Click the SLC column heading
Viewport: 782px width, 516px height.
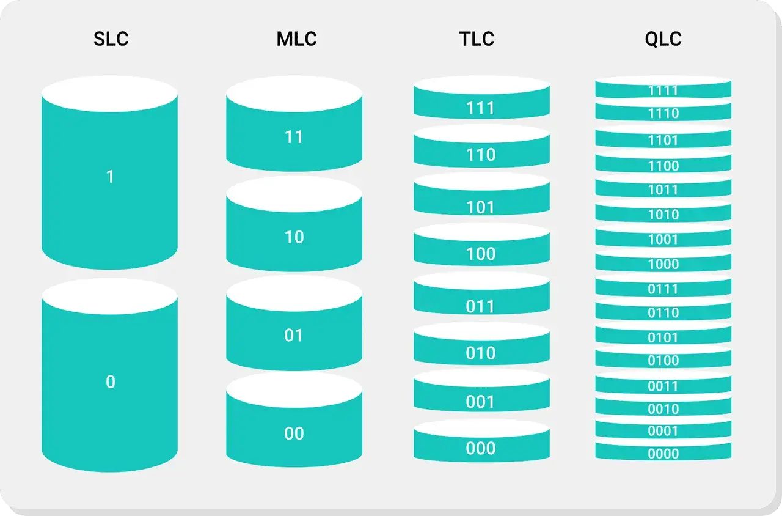pyautogui.click(x=111, y=39)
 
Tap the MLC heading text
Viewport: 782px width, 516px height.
pyautogui.click(x=297, y=39)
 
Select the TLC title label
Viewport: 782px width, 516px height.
pyautogui.click(x=477, y=39)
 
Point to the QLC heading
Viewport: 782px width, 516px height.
pyautogui.click(x=663, y=39)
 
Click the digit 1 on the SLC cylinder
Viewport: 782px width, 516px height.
pyautogui.click(x=110, y=177)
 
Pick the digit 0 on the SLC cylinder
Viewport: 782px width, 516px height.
pyautogui.click(x=111, y=382)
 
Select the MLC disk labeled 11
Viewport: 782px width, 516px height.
pyautogui.click(x=294, y=123)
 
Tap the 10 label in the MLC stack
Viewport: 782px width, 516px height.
pyautogui.click(x=294, y=237)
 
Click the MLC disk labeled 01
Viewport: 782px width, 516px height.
pyautogui.click(x=294, y=323)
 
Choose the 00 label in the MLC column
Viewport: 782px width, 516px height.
pyautogui.click(x=294, y=433)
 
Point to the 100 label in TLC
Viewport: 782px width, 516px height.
pyautogui.click(x=481, y=254)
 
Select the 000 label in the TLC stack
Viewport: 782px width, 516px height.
pyautogui.click(x=481, y=448)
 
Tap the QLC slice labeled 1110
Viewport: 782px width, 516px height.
pyautogui.click(x=663, y=111)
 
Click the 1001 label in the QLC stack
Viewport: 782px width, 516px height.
pyautogui.click(x=663, y=240)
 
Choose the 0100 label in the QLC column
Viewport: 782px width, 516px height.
pyautogui.click(x=663, y=360)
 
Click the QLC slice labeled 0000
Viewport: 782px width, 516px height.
pyautogui.click(x=663, y=451)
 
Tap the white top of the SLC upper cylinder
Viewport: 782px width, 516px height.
pyautogui.click(x=109, y=94)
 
